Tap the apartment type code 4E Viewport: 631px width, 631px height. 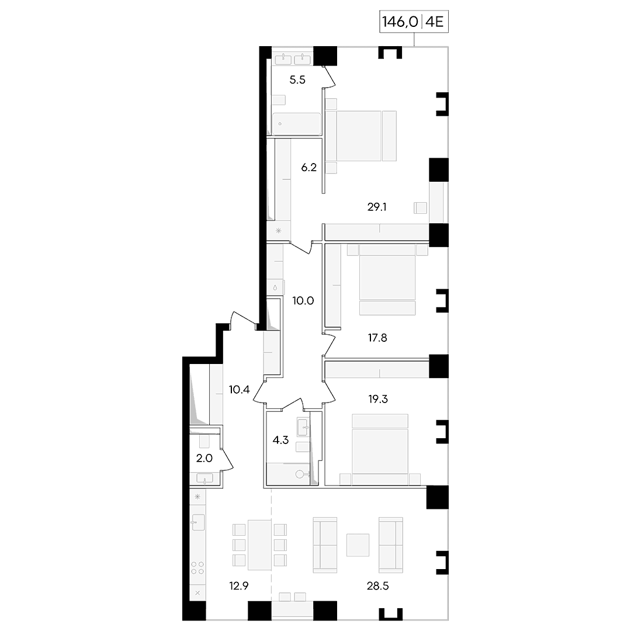pyautogui.click(x=434, y=22)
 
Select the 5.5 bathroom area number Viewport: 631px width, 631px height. pyautogui.click(x=297, y=79)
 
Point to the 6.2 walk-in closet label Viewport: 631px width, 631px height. pyautogui.click(x=309, y=168)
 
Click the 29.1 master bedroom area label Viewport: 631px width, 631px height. pyautogui.click(x=377, y=207)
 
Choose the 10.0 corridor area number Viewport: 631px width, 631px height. pyautogui.click(x=303, y=301)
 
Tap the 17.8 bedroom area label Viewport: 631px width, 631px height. pyautogui.click(x=377, y=338)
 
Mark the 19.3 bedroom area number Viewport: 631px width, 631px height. pyautogui.click(x=378, y=399)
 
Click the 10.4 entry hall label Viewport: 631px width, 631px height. pyautogui.click(x=240, y=389)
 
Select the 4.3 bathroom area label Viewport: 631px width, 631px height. pyautogui.click(x=280, y=440)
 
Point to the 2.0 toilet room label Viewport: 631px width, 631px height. pyautogui.click(x=204, y=458)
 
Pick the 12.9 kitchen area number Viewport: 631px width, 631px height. pyautogui.click(x=239, y=586)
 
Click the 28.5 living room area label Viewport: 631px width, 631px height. pyautogui.click(x=378, y=586)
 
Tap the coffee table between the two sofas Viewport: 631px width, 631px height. pyautogui.click(x=358, y=545)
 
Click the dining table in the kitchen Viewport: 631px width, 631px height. pyautogui.click(x=259, y=545)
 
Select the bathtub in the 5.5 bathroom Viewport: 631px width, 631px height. pyautogui.click(x=297, y=124)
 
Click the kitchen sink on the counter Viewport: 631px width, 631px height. pyautogui.click(x=198, y=522)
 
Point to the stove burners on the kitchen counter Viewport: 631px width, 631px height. pyautogui.click(x=197, y=568)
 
